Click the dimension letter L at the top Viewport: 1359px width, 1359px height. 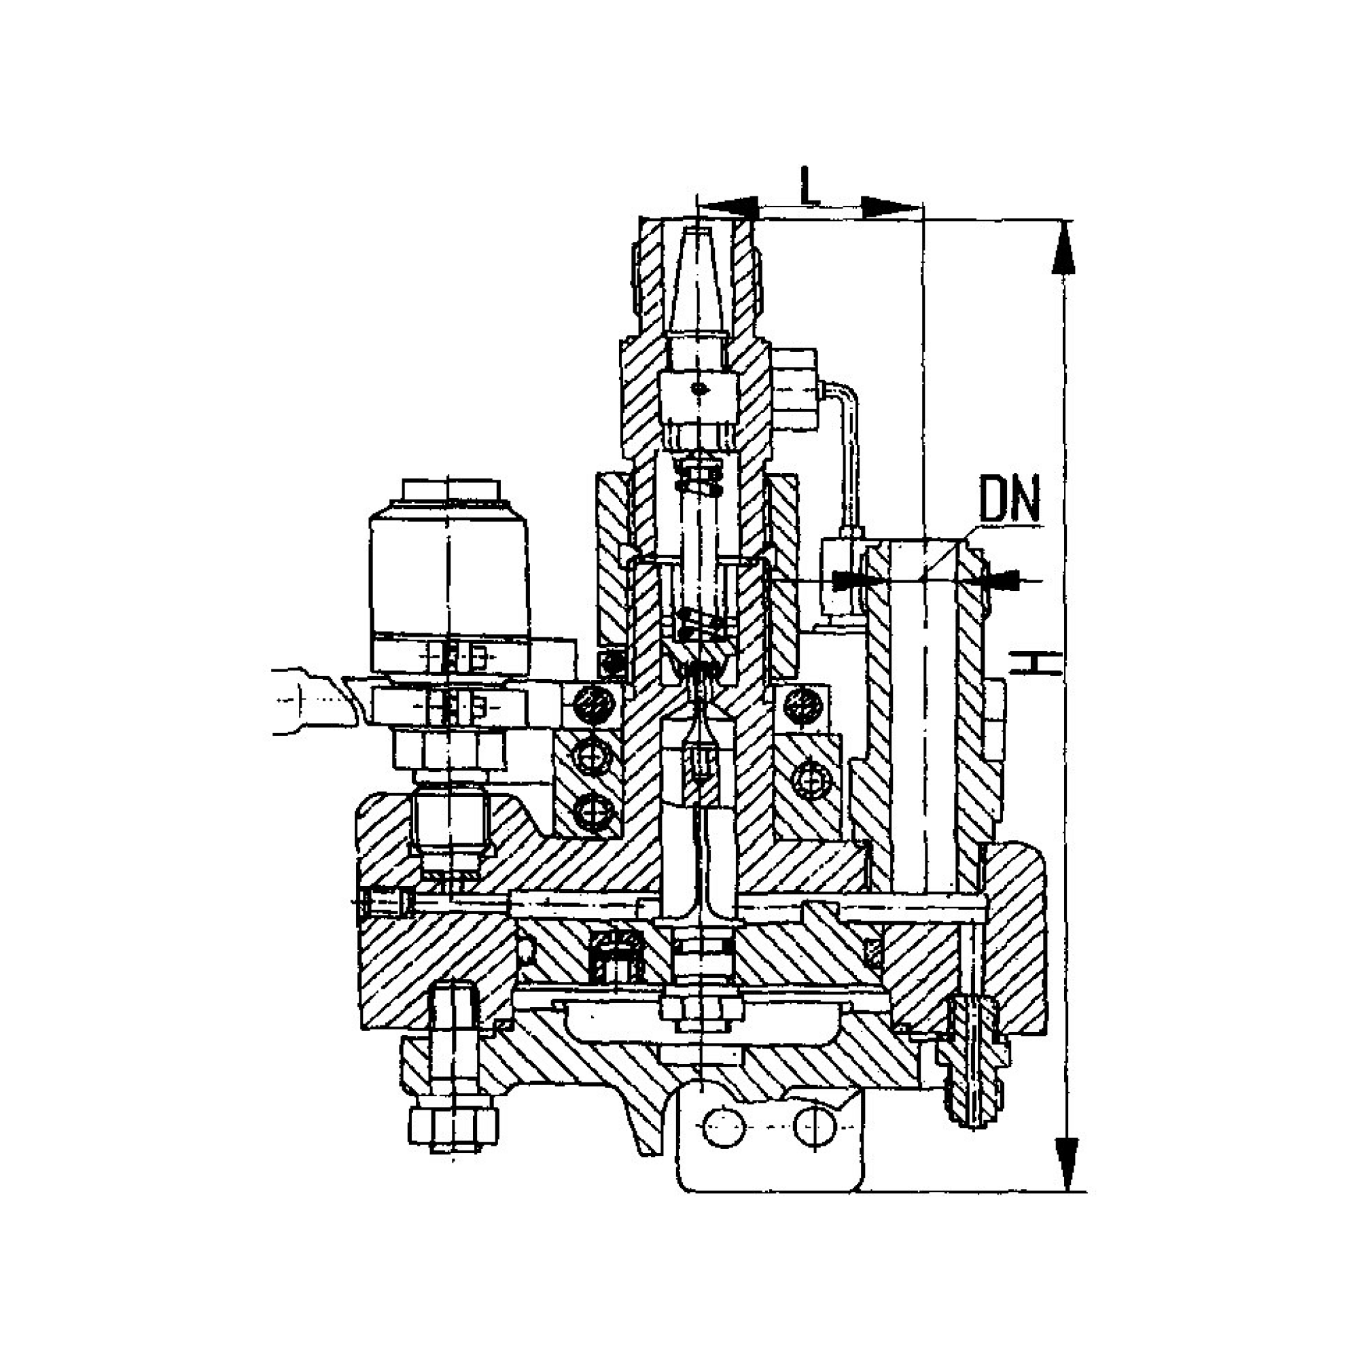click(x=810, y=186)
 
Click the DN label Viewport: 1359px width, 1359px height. click(x=1010, y=499)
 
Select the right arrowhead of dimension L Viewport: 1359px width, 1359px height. click(x=891, y=207)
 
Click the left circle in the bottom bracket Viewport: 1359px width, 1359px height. click(x=724, y=1127)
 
